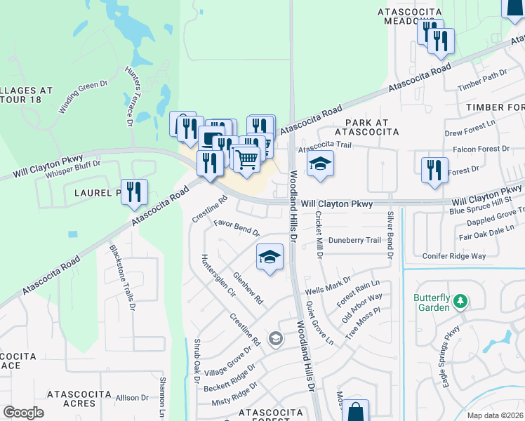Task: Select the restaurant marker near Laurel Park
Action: [x=133, y=192]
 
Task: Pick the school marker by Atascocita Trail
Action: [x=320, y=163]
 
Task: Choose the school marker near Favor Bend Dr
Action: [x=269, y=258]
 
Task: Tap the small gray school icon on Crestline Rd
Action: [x=275, y=340]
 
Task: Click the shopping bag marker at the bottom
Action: [x=355, y=412]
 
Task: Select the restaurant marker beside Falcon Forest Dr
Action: [x=434, y=170]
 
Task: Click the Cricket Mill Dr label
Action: [x=319, y=235]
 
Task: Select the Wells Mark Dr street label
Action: [x=328, y=286]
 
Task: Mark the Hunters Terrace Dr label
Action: [x=130, y=95]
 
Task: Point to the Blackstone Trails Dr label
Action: [x=120, y=278]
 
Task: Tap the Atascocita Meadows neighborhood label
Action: [x=410, y=16]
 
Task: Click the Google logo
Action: [x=23, y=413]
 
